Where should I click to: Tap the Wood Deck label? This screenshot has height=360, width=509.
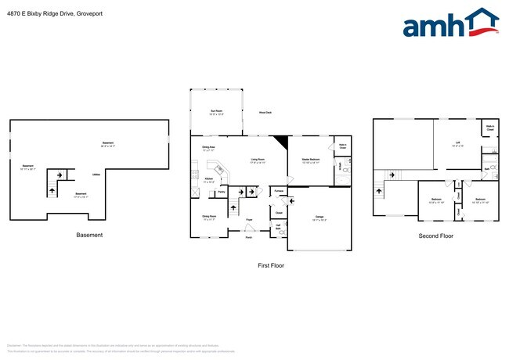click(265, 113)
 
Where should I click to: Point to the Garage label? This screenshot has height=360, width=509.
click(319, 217)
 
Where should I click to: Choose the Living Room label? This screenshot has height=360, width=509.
click(258, 160)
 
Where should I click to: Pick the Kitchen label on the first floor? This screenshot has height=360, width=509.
click(208, 179)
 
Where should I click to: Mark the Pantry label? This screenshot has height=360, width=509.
click(222, 191)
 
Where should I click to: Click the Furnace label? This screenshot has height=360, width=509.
click(278, 190)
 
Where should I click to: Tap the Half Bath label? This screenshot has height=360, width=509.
click(278, 227)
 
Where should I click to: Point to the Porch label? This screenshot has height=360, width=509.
click(248, 237)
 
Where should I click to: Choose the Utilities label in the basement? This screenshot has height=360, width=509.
click(96, 175)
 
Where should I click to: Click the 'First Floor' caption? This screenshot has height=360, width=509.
click(270, 265)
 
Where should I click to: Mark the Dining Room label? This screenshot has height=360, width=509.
click(209, 217)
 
